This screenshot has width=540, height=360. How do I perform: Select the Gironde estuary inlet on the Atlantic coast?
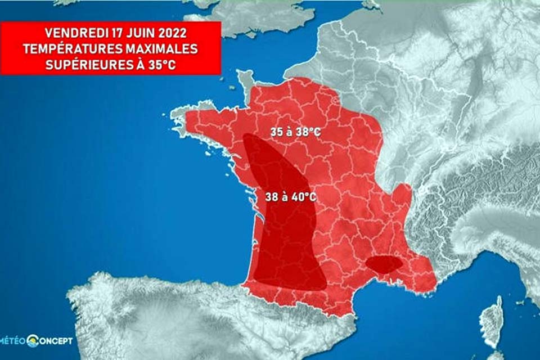pos(260,217)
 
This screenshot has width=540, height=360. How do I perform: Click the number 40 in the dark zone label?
pos(297,197)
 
